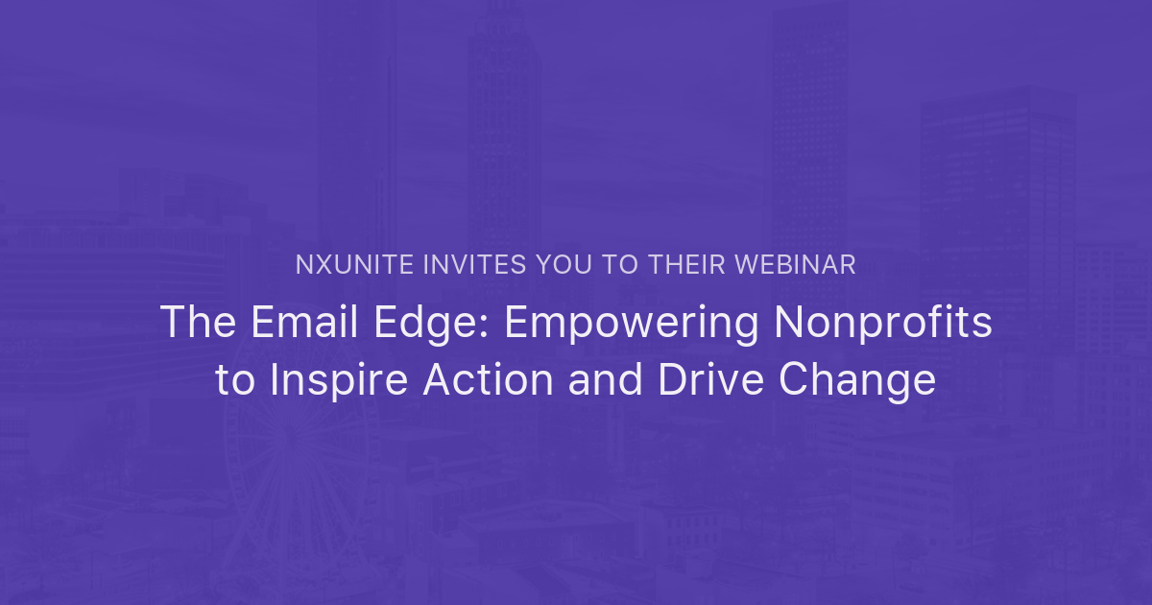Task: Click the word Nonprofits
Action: tap(882, 323)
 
